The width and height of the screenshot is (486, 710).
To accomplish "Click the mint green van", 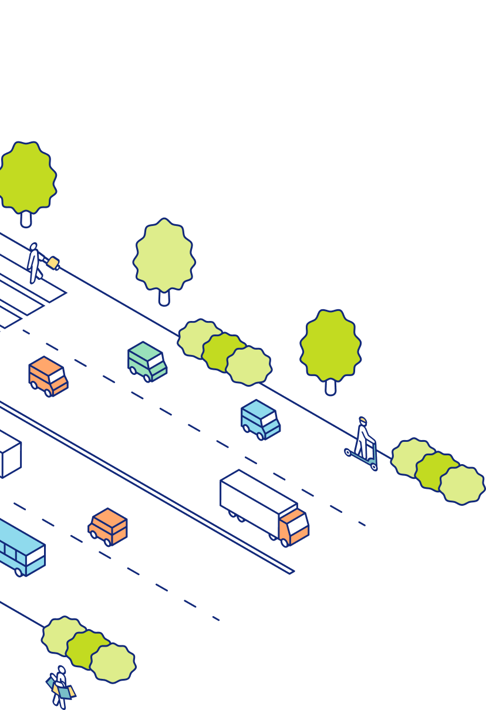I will coord(147,361).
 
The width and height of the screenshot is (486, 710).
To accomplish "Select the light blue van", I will coord(260,420).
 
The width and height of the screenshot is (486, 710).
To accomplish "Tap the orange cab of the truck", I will coord(294,526).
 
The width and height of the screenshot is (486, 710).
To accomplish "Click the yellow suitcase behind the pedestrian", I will coord(53,263).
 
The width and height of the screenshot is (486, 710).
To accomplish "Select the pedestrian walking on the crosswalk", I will coord(34,263).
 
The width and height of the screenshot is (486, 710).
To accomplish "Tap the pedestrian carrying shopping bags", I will coord(60,687).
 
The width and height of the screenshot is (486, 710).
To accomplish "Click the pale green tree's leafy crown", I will coord(164,255).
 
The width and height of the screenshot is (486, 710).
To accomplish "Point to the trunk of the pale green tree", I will coord(164,297).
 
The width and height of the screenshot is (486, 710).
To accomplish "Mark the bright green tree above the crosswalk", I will coord(26,176).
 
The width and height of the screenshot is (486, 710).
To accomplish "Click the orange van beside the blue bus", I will coord(109,526).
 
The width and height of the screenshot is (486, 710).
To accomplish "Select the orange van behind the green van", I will coord(48,376).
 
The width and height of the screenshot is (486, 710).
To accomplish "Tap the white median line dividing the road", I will coord(147,487).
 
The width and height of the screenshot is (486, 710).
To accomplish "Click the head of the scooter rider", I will coord(362,421).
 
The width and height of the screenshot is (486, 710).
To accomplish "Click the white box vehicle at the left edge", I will coord(9,455).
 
